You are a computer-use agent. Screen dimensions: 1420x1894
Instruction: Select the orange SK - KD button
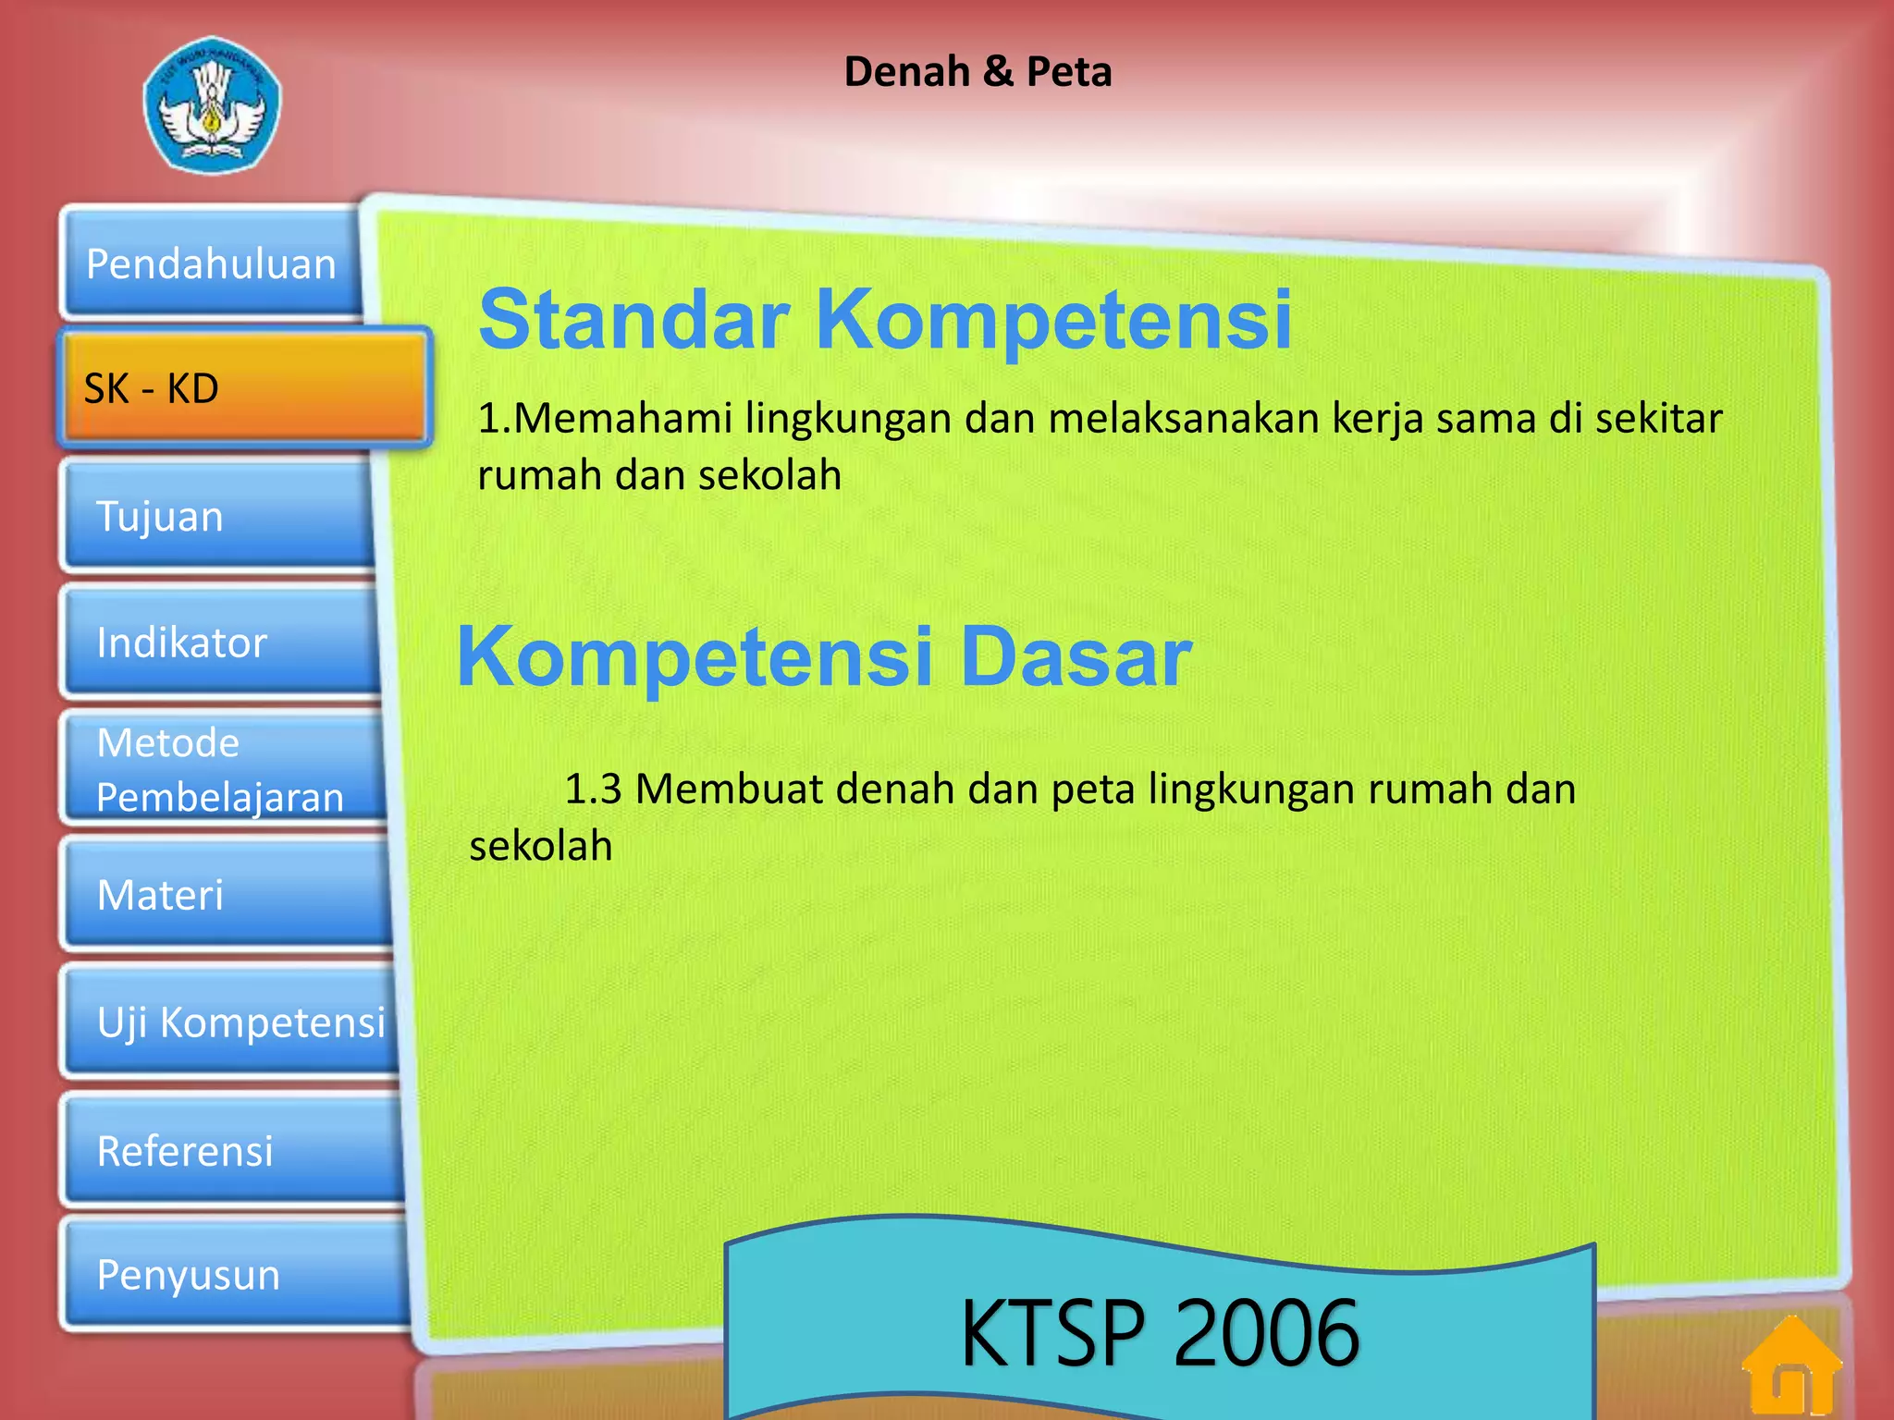tap(245, 388)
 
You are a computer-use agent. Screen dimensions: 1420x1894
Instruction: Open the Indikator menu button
tap(222, 643)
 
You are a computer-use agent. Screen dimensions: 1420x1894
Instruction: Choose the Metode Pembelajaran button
tap(222, 769)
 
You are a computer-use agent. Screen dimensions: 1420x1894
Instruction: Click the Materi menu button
tap(227, 895)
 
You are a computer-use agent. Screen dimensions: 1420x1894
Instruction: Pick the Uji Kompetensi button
tap(231, 1022)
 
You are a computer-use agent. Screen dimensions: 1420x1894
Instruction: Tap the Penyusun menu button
tap(236, 1275)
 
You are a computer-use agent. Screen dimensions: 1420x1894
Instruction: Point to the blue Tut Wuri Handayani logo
tap(212, 105)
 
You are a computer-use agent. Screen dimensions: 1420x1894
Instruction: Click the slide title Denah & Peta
tap(978, 72)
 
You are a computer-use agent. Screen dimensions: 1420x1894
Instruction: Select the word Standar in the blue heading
tap(634, 319)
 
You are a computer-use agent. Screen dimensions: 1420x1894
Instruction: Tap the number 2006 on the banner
tap(1266, 1332)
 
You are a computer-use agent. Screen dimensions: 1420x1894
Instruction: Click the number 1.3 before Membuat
tap(593, 790)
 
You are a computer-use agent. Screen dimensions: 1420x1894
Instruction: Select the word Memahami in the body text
tap(622, 418)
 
